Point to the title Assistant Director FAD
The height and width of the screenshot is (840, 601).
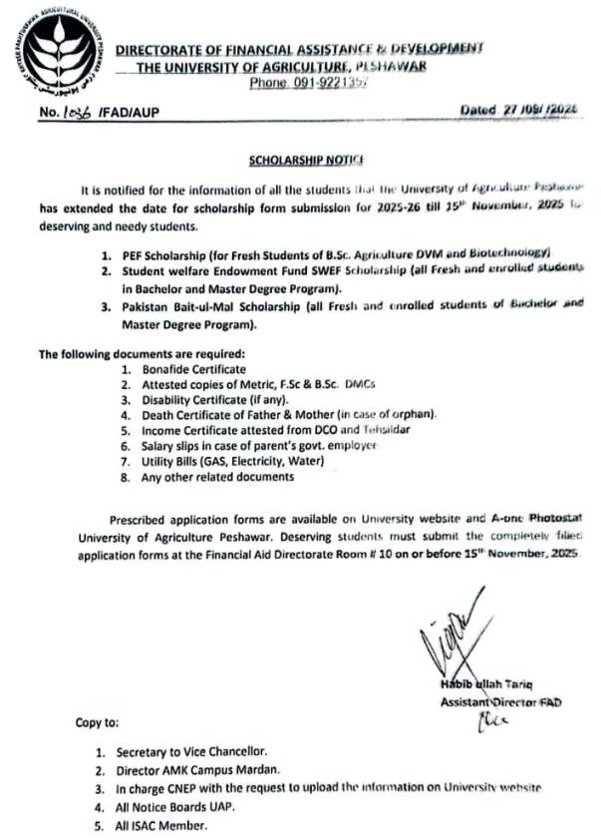click(500, 702)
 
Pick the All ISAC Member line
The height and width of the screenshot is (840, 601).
click(161, 825)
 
